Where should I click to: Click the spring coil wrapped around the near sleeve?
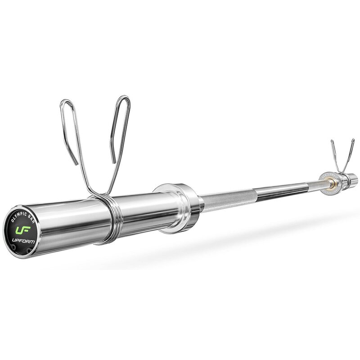pos(103,220)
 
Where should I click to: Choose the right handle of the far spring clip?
pos(351,151)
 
